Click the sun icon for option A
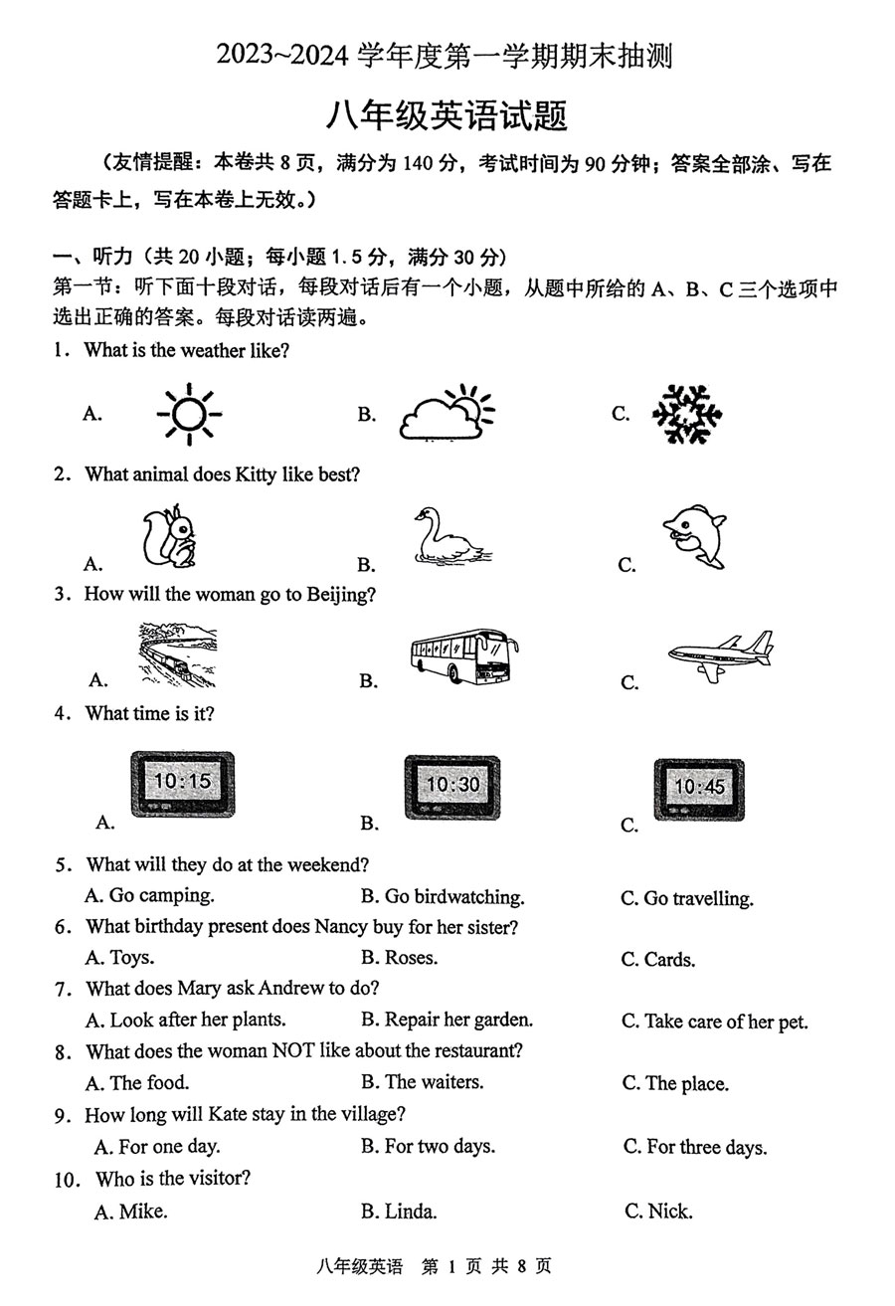[189, 414]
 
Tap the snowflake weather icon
[687, 414]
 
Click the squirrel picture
[169, 537]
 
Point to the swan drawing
[448, 537]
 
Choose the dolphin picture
[695, 538]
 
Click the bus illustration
[464, 655]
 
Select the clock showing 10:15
[183, 784]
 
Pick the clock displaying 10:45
[699, 789]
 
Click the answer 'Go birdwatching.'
[443, 897]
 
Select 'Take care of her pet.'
[715, 1023]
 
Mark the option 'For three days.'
[695, 1148]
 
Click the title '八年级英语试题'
[447, 116]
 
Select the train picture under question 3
[176, 655]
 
